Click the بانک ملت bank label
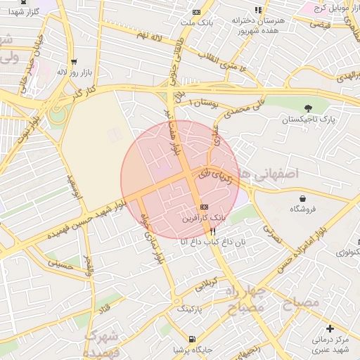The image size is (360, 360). (195, 23)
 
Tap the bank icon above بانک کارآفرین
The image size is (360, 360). (204, 207)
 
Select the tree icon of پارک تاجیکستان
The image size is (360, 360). (308, 108)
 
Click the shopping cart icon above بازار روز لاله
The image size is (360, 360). (74, 62)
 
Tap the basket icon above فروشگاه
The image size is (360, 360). (302, 198)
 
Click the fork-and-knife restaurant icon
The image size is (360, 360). (213, 229)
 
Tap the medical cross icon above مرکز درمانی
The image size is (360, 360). (330, 328)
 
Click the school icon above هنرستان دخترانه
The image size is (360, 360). (258, 10)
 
